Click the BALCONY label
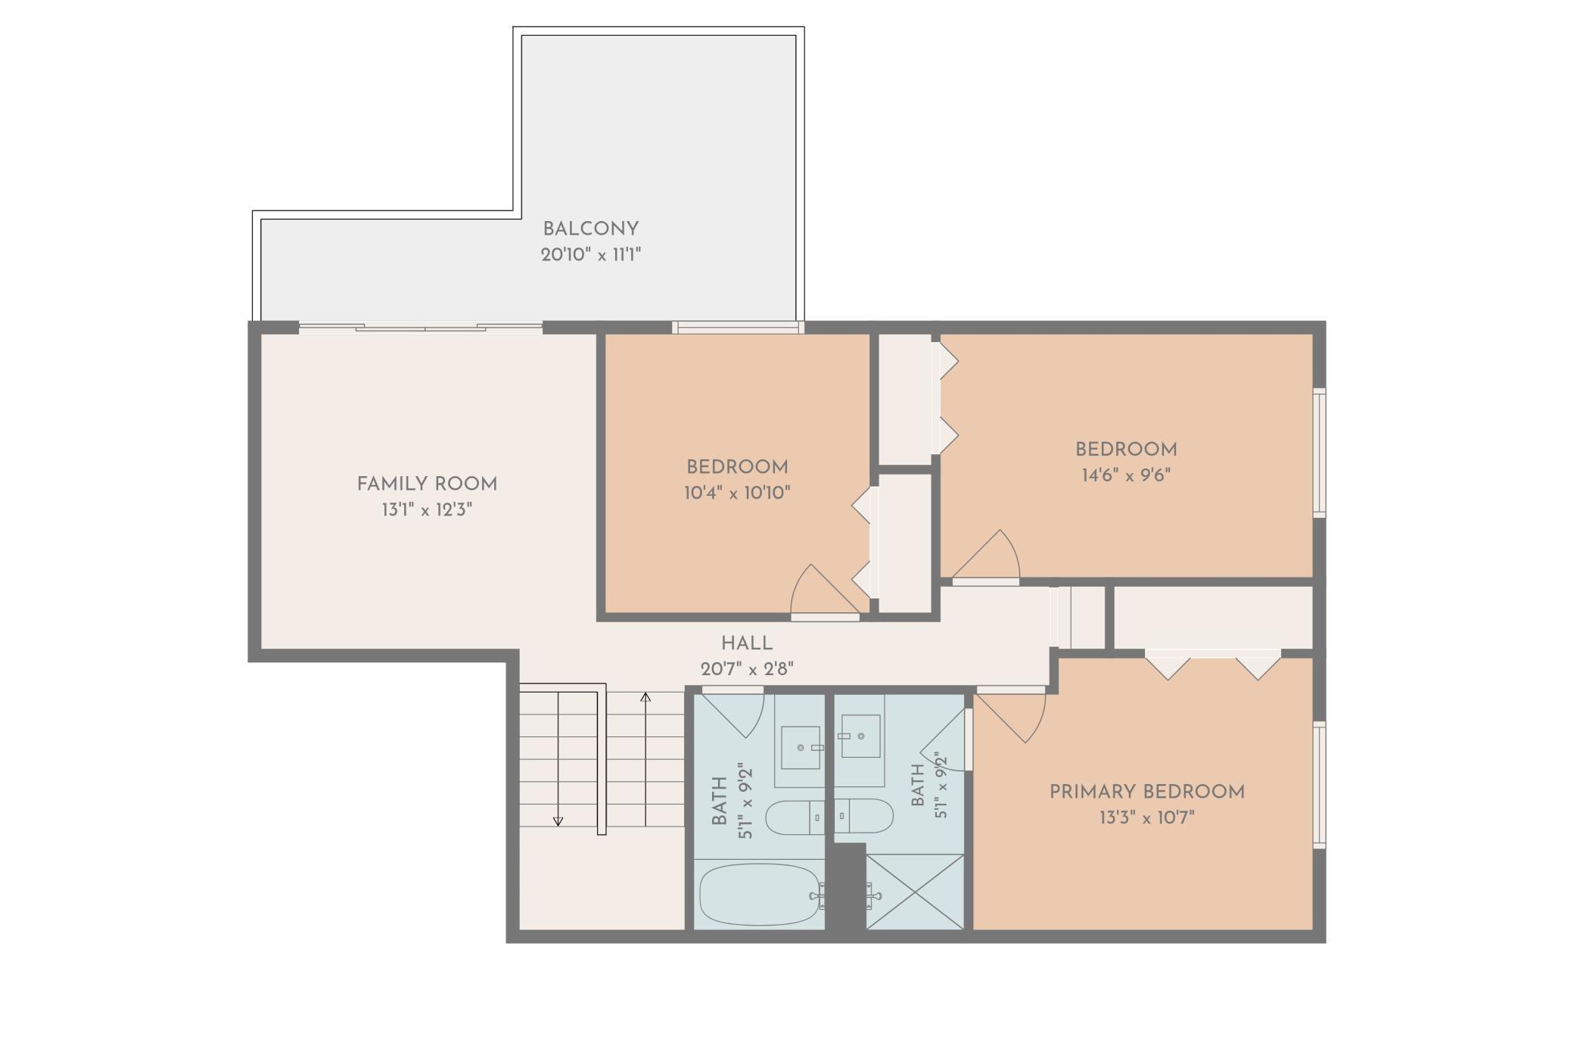[x=590, y=229]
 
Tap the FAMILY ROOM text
[x=427, y=484]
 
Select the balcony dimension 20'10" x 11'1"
[x=590, y=254]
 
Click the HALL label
[x=746, y=643]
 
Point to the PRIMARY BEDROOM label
[x=1146, y=792]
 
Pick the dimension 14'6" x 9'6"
[x=1126, y=475]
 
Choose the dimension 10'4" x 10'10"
[x=737, y=493]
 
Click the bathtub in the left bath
[x=760, y=895]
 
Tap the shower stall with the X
[x=915, y=892]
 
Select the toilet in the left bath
[x=795, y=817]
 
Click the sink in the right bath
[x=860, y=736]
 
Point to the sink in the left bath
[x=801, y=747]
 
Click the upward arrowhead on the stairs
[x=645, y=696]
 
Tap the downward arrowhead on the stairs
[x=558, y=821]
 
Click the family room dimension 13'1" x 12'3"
[x=427, y=509]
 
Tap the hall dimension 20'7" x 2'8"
[x=747, y=669]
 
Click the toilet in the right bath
[x=864, y=816]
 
